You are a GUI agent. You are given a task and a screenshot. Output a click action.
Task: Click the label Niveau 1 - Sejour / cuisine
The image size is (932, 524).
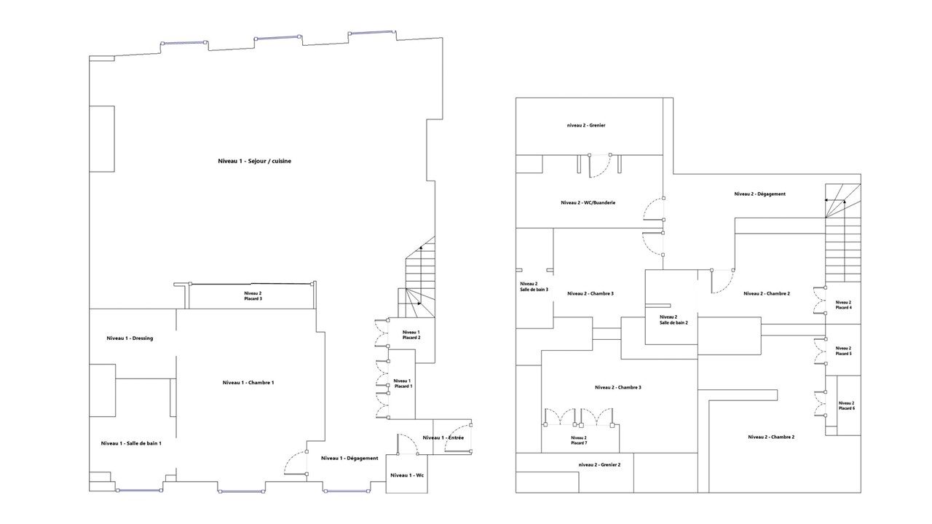click(255, 161)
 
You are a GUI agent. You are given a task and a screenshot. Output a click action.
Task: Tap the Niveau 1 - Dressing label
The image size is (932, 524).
click(130, 338)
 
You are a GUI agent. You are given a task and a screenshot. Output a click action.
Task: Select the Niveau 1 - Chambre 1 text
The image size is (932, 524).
click(248, 383)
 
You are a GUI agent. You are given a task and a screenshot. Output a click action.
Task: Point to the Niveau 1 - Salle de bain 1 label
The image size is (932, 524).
click(131, 443)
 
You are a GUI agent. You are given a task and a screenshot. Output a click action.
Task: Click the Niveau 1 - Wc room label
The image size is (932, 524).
click(407, 475)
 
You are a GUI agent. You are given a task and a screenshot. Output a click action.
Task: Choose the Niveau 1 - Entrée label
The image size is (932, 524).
click(443, 437)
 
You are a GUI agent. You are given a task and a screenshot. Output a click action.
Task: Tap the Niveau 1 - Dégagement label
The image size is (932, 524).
click(349, 458)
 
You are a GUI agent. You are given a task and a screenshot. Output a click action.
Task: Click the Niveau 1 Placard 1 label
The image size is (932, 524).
click(403, 384)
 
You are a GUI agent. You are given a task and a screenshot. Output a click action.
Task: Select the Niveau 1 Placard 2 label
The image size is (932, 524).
click(411, 335)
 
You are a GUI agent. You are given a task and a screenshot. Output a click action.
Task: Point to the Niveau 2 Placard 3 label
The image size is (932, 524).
click(253, 295)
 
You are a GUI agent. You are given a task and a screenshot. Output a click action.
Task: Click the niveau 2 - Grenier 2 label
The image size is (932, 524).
click(599, 464)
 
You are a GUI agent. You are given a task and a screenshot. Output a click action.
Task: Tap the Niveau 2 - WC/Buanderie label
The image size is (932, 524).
click(588, 202)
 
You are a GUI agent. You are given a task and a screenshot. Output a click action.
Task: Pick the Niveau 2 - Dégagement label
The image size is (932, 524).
click(759, 194)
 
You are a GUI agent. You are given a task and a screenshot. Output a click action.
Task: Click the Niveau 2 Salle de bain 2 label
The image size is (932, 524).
click(674, 319)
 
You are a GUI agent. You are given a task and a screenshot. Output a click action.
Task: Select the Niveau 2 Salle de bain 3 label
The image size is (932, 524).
click(534, 287)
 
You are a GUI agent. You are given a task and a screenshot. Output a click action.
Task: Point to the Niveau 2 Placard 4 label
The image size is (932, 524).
click(843, 305)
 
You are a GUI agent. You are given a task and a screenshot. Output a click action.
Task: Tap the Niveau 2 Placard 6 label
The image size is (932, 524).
click(846, 405)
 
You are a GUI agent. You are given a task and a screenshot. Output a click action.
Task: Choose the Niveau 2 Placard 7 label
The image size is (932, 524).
click(579, 440)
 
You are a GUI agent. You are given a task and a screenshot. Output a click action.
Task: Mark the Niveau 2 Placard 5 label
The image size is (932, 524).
click(843, 351)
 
